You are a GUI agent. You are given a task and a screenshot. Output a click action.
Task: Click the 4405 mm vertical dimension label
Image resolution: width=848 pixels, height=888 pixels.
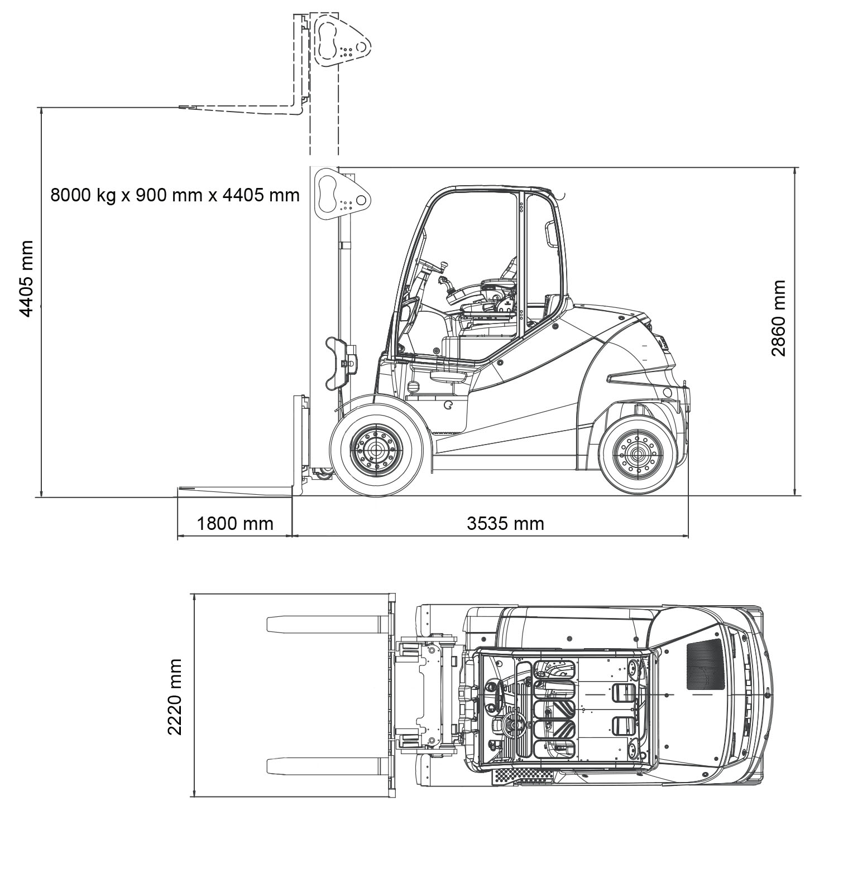[x=26, y=279]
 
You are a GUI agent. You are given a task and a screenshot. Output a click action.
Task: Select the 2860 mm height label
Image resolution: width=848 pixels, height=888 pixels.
[x=778, y=318]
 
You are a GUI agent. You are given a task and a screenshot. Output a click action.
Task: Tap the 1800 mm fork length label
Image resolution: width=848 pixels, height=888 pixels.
[x=235, y=523]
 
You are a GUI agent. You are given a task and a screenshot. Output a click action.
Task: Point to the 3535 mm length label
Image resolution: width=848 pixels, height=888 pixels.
[x=505, y=523]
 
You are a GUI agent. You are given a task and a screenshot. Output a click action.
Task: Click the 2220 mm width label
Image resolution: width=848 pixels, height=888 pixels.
[x=175, y=697]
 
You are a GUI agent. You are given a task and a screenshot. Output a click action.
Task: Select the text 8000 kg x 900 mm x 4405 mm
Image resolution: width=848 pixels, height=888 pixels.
[x=175, y=195]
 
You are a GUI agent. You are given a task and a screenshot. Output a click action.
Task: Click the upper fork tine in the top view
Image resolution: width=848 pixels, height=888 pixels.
[x=326, y=624]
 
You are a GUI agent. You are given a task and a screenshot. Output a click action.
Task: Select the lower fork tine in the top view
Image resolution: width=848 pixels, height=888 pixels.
[x=326, y=766]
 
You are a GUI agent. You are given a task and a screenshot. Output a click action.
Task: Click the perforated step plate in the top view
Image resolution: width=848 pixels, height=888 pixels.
[x=524, y=775]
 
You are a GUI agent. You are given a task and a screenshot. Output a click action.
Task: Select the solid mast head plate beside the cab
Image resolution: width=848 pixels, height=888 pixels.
[x=341, y=195]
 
